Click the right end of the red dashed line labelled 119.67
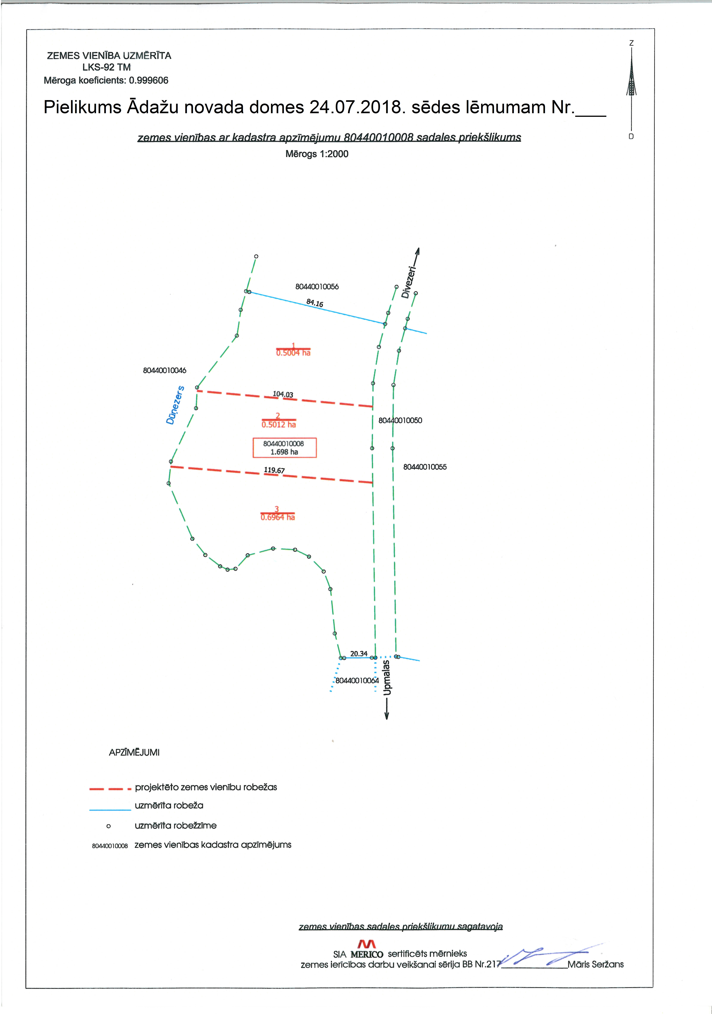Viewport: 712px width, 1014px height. (x=373, y=483)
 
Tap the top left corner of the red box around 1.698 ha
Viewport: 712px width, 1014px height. (x=253, y=438)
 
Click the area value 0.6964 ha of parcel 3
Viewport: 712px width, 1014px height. (x=277, y=517)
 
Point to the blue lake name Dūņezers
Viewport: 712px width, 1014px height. (x=175, y=405)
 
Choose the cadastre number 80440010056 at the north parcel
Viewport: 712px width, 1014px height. (x=317, y=287)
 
